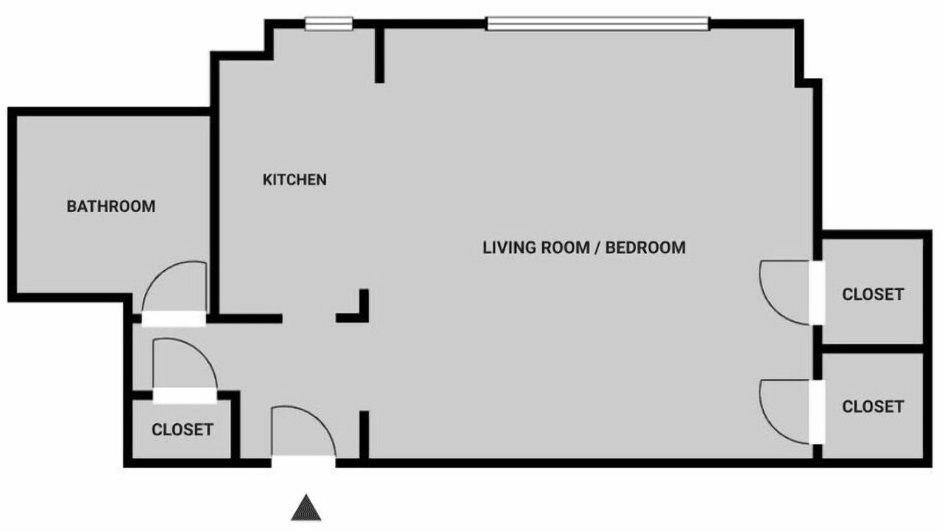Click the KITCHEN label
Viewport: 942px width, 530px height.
[294, 180]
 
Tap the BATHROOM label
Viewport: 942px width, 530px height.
[111, 206]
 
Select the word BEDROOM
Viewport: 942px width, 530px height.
[645, 247]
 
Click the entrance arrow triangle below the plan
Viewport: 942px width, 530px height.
[306, 508]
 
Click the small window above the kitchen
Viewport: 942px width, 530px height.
[328, 24]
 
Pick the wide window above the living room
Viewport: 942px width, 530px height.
[598, 24]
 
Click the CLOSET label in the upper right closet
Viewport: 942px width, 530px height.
[873, 294]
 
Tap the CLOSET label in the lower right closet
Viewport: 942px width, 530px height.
[873, 407]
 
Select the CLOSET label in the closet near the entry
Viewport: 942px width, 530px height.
[183, 429]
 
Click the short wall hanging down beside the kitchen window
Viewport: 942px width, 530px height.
[379, 52]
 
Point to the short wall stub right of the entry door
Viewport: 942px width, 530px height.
[364, 435]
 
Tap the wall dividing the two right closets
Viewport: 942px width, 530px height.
[872, 349]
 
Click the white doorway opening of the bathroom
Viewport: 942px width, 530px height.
[174, 319]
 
